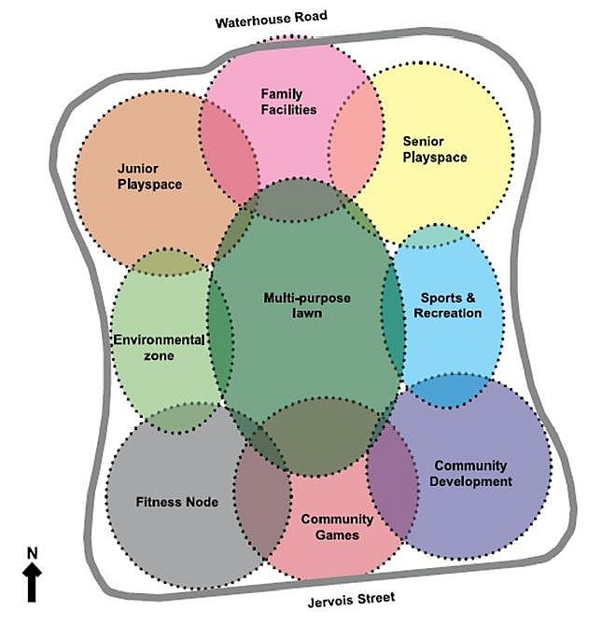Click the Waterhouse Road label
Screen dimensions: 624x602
(271, 20)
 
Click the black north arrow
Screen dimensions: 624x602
(33, 583)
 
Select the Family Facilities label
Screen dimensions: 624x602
(288, 102)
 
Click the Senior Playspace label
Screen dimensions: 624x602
(434, 149)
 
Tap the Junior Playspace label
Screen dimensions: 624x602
(149, 176)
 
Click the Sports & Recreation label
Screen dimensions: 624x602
(449, 306)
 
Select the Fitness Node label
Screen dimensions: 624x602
(177, 502)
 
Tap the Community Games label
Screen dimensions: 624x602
(336, 527)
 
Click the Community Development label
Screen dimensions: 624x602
(471, 473)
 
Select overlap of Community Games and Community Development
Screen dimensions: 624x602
(392, 494)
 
